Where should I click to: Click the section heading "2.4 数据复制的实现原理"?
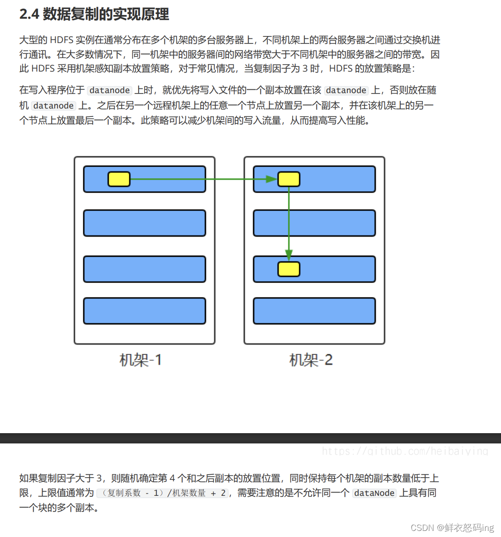(x=94, y=15)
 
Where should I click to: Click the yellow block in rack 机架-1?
(x=119, y=179)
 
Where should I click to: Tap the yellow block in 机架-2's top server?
(x=289, y=179)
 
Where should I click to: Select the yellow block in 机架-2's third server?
(x=289, y=269)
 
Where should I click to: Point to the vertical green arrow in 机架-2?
(x=289, y=220)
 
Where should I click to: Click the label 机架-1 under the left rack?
(x=141, y=360)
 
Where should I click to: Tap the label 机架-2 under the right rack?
(x=311, y=360)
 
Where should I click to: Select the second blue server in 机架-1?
(x=145, y=223)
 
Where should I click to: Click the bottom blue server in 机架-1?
(x=145, y=311)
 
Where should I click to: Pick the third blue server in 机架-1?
(x=145, y=269)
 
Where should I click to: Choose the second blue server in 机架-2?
(x=314, y=223)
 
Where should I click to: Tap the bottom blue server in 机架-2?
(x=314, y=311)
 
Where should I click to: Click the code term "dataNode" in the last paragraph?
(x=374, y=493)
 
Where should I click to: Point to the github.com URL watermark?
(x=405, y=451)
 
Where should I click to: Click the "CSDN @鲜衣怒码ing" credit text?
(x=452, y=528)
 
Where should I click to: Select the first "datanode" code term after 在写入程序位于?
(x=110, y=90)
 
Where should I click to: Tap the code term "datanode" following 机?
(x=53, y=106)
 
